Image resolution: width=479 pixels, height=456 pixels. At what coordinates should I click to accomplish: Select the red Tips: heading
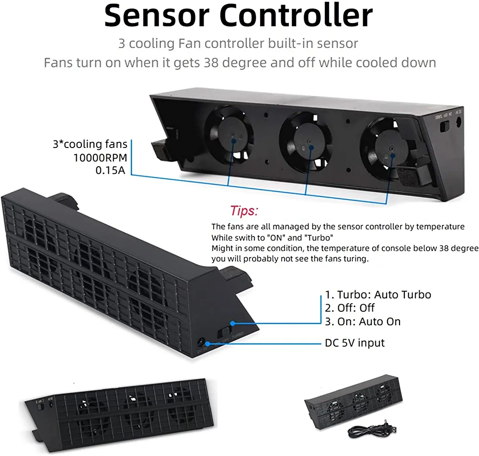(244, 211)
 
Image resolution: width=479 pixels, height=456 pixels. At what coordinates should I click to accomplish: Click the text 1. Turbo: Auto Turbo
(378, 295)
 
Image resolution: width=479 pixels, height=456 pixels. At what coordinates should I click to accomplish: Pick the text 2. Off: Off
(350, 308)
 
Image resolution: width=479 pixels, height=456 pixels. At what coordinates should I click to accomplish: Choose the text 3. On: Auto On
(363, 321)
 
